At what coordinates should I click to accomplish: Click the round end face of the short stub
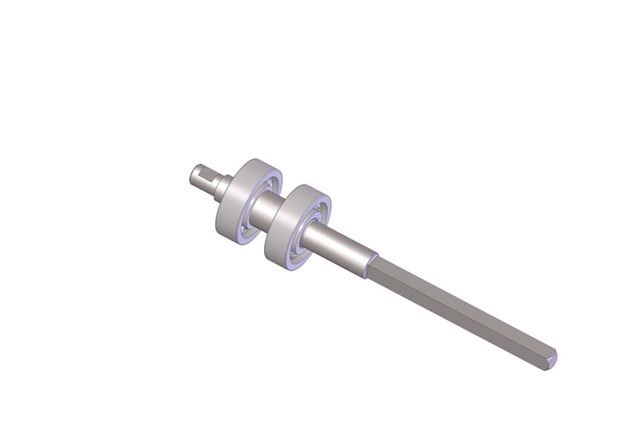191,174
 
